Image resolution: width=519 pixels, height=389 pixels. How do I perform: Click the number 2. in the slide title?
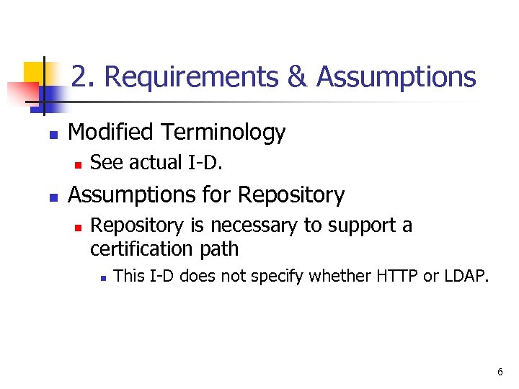[82, 76]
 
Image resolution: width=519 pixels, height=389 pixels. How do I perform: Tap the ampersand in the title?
[297, 76]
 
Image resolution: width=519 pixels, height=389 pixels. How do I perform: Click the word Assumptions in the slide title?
[396, 76]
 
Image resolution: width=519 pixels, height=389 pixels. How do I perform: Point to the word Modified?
[110, 133]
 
